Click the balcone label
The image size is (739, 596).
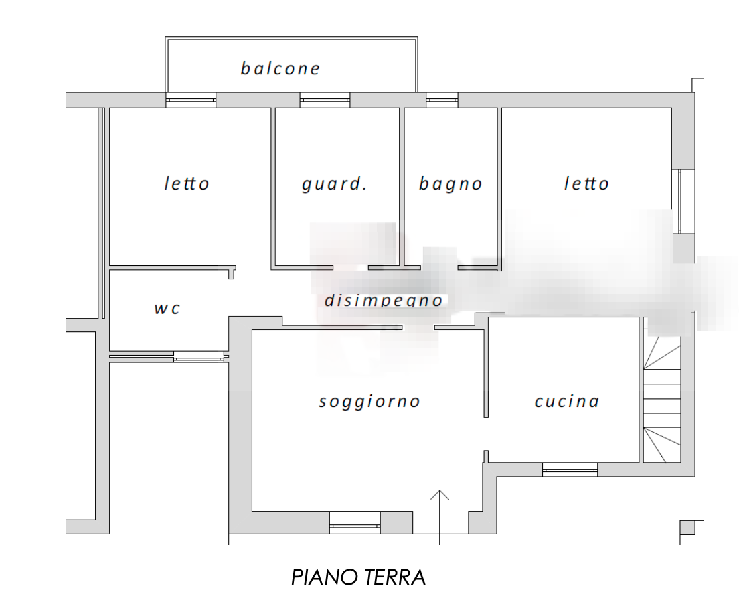[280, 68]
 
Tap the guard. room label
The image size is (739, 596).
[334, 184]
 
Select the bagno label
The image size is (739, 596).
[450, 184]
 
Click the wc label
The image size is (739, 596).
[167, 309]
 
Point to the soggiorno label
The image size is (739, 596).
[369, 402]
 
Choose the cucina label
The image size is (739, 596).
[566, 402]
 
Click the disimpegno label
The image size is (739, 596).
[384, 301]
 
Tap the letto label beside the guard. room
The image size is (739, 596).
[187, 183]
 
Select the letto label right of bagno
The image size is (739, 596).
[586, 183]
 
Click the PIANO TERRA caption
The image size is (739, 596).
[359, 577]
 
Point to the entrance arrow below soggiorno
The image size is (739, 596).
[439, 512]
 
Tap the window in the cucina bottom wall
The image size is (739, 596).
[570, 469]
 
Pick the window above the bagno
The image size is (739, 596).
[442, 101]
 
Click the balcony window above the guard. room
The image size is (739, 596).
[325, 101]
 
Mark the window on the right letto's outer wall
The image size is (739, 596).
[683, 201]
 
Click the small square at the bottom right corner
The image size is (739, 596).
[687, 528]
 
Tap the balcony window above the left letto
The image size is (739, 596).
[191, 101]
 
